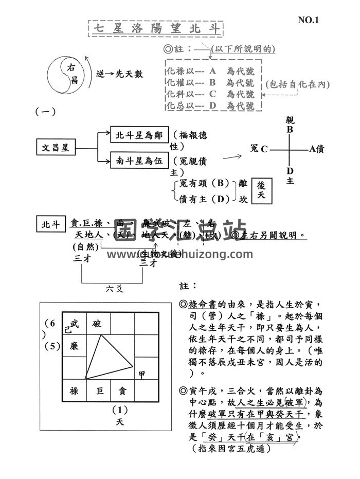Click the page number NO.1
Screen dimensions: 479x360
[x=309, y=21]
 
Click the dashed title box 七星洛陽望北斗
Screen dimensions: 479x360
[x=155, y=28]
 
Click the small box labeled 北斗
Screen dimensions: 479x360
[x=50, y=224]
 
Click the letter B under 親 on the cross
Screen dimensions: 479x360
[x=290, y=130]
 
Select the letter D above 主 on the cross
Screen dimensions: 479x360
[x=290, y=171]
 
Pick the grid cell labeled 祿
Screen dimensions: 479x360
[x=74, y=391]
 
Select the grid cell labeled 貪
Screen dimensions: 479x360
[x=123, y=391]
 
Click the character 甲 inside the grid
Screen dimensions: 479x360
[x=142, y=372]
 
